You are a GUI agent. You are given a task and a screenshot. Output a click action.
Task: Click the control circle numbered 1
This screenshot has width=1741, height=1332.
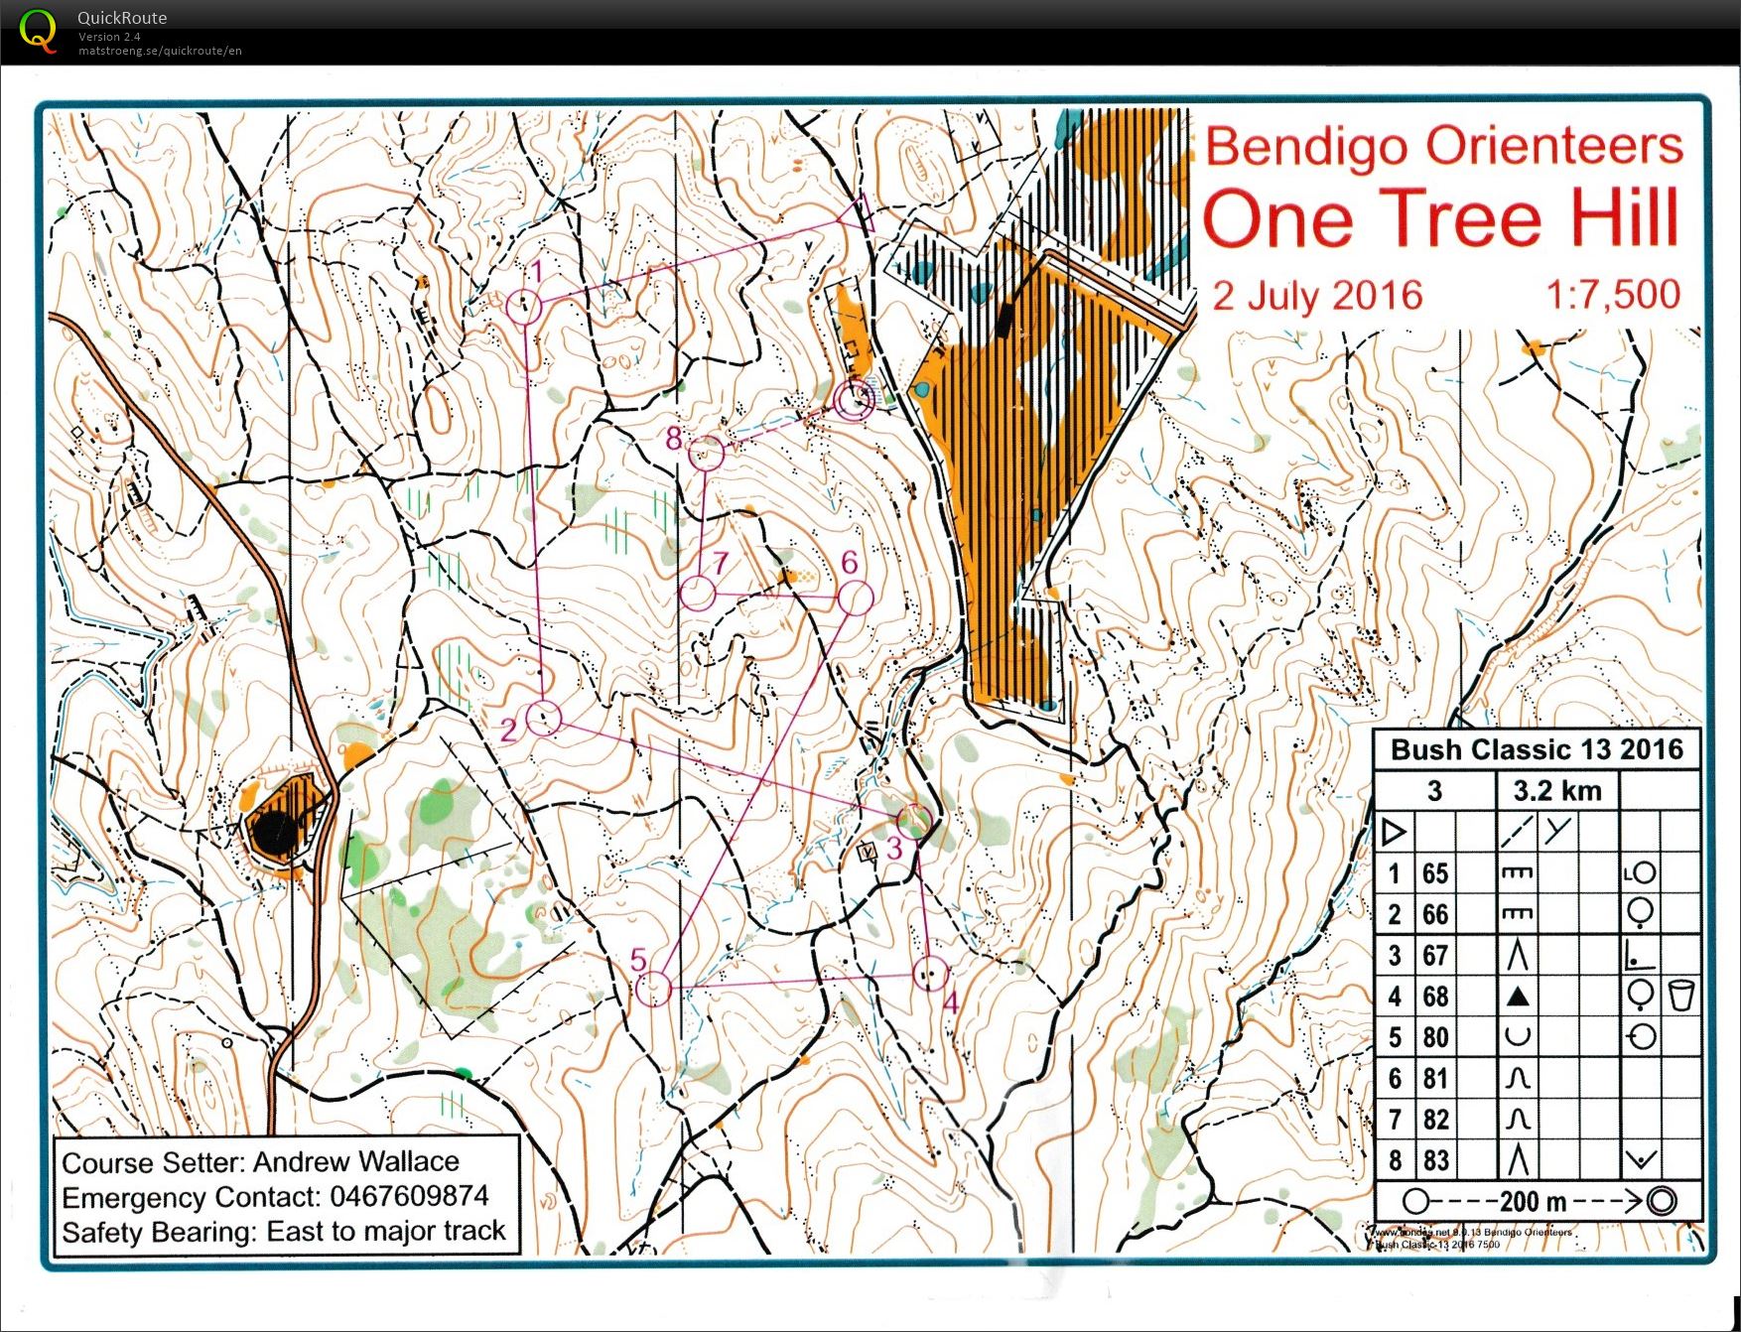click(524, 307)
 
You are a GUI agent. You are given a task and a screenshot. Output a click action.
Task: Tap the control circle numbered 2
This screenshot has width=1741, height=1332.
click(543, 718)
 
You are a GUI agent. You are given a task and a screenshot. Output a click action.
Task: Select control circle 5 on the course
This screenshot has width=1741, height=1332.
click(653, 990)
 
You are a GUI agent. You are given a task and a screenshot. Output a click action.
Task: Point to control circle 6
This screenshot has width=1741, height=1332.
click(855, 599)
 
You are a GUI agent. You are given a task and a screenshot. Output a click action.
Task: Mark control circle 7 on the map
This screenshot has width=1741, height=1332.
click(699, 594)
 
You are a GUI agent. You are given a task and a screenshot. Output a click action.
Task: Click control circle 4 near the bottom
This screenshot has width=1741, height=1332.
click(930, 976)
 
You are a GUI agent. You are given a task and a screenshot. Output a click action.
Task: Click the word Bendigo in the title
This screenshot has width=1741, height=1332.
click(1305, 147)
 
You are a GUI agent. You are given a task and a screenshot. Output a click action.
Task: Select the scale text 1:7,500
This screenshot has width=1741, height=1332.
click(1612, 295)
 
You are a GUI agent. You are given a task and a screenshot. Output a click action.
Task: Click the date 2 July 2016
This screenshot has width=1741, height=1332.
click(1317, 296)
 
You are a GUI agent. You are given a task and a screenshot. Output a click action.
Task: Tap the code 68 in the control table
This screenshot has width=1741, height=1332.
click(1434, 997)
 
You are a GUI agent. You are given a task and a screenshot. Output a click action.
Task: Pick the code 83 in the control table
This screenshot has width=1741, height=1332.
click(1434, 1160)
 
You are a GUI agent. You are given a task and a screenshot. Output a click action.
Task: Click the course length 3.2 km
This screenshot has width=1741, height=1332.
click(1556, 791)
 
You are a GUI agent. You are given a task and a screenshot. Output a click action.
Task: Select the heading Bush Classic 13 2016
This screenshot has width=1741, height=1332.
click(1537, 749)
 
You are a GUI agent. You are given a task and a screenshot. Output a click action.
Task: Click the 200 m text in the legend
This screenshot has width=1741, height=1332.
click(1533, 1202)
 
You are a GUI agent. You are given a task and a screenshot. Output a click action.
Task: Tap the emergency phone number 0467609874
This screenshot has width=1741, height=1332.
click(409, 1196)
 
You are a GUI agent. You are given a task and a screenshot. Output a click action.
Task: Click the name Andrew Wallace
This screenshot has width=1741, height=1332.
click(355, 1161)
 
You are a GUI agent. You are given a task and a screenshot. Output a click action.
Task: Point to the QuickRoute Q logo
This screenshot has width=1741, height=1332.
click(38, 30)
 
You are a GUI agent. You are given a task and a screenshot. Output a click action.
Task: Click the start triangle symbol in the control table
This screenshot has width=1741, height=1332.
click(1394, 832)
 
